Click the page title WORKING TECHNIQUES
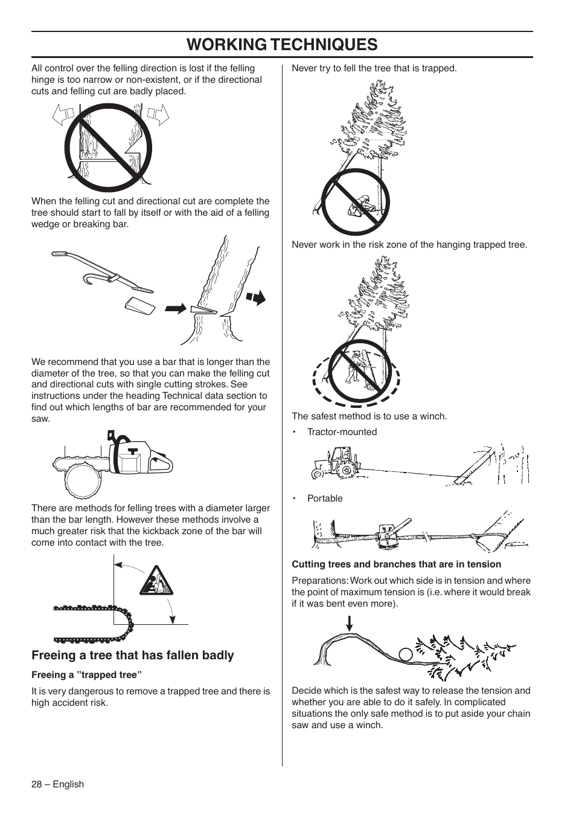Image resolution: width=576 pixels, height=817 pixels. [282, 44]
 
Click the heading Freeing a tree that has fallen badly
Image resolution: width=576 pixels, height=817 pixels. [132, 655]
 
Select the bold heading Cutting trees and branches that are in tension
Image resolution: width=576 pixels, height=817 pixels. [396, 564]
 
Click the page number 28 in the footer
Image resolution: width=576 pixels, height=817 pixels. [37, 784]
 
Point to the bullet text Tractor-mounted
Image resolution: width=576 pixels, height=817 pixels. [342, 432]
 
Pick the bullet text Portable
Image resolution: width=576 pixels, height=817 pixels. [325, 499]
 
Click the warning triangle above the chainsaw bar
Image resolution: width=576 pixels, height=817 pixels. [156, 582]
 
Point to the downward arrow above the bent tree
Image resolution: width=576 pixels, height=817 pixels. [349, 623]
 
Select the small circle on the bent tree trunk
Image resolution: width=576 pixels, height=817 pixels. [406, 654]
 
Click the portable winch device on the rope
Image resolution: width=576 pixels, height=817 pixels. [386, 534]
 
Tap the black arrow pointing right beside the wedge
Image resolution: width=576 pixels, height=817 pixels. [175, 308]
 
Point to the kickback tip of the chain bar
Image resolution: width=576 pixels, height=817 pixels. [129, 623]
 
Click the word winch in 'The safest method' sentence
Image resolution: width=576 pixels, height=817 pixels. [433, 416]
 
